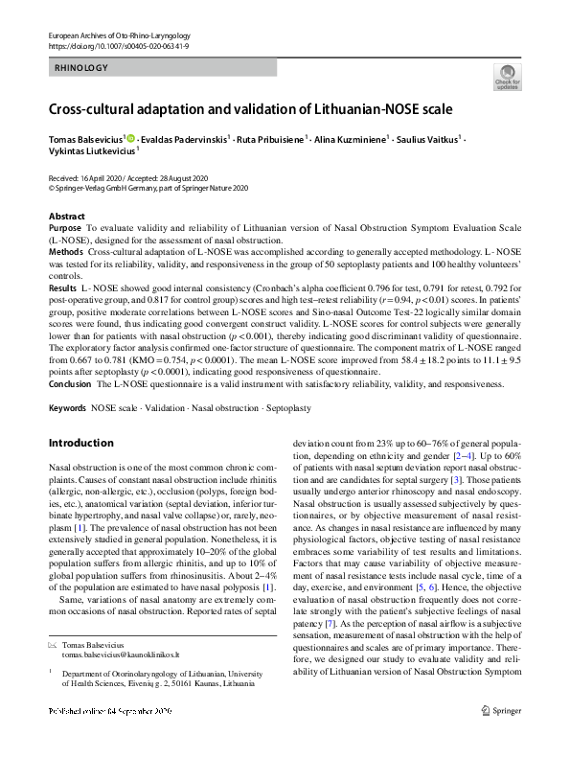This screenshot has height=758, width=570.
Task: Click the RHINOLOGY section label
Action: (x=82, y=68)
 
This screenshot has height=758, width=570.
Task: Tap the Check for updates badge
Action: (x=507, y=77)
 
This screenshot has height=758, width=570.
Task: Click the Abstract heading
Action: (x=66, y=217)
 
